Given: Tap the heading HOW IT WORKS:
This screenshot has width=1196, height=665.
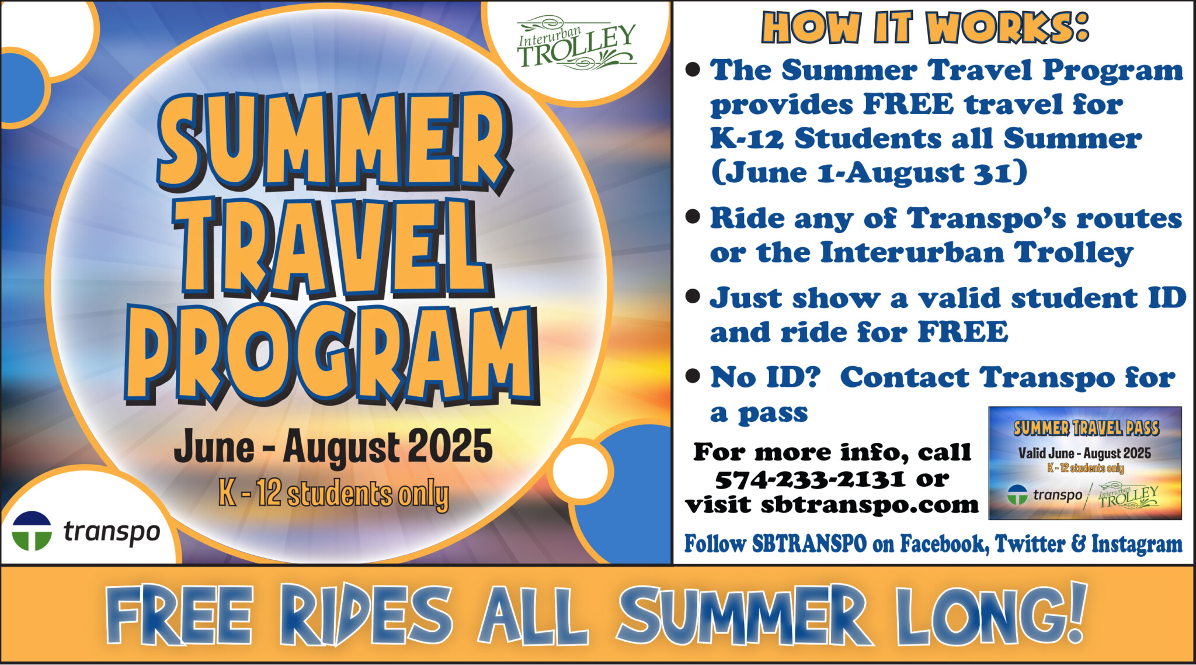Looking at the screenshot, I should (x=925, y=27).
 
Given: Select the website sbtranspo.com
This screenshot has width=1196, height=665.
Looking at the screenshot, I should (x=870, y=504).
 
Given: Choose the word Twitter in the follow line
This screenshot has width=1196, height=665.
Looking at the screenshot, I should (x=1030, y=544).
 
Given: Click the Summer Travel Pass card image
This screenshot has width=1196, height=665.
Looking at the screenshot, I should (x=1084, y=463).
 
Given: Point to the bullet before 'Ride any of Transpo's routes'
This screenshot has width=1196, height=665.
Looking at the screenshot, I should (x=693, y=217).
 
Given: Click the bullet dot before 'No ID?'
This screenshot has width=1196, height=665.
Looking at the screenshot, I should (x=693, y=376).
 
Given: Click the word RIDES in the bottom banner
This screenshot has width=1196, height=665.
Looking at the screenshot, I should (x=366, y=615).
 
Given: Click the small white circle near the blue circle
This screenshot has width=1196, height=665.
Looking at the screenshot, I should (x=580, y=472).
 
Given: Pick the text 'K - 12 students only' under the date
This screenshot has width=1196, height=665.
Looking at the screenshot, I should (x=333, y=494).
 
